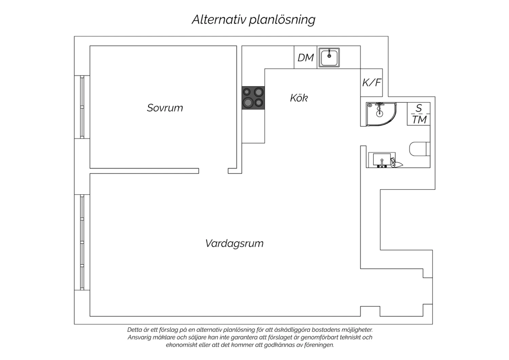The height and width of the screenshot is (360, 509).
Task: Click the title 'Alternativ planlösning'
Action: [x=253, y=20]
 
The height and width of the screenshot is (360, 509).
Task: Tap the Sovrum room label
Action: [x=165, y=108]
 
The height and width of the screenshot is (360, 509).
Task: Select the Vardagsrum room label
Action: [x=234, y=244]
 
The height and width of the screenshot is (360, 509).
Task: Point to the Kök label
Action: [x=299, y=98]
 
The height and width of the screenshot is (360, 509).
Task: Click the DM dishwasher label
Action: [x=306, y=57]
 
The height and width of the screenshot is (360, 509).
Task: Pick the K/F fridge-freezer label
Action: [x=372, y=82]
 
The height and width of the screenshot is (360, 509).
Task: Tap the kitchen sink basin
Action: [x=329, y=57]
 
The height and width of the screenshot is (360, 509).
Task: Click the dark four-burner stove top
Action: [x=253, y=98]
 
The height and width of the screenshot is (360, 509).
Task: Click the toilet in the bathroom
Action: [x=420, y=149]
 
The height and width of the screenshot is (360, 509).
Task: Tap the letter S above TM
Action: [x=418, y=108]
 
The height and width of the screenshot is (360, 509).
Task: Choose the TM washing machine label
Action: [x=419, y=120]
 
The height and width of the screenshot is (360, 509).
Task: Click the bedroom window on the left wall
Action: [x=82, y=107]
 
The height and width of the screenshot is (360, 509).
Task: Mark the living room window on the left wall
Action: [x=82, y=242]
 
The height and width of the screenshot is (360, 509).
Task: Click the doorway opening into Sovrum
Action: [x=213, y=171]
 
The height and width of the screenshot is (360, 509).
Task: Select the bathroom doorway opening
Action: [x=363, y=136]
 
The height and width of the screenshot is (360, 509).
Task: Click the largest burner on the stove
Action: [x=248, y=103]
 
